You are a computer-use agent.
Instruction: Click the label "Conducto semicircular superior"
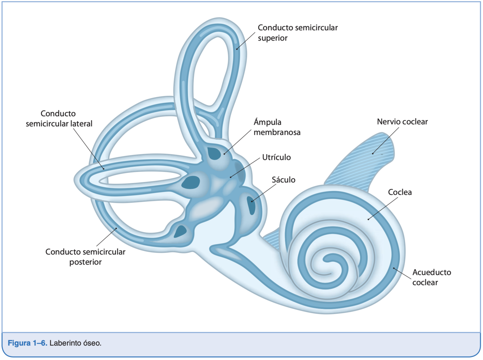pyautogui.click(x=297, y=33)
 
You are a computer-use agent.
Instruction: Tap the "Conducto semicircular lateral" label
pyautogui.click(x=59, y=119)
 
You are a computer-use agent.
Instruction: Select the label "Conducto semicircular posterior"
pyautogui.click(x=85, y=257)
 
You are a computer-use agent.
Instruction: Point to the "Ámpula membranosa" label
pyautogui.click(x=277, y=127)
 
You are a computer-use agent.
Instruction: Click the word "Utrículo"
pyautogui.click(x=276, y=157)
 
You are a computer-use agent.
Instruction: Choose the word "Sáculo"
pyautogui.click(x=283, y=180)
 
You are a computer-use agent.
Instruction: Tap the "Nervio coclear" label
pyautogui.click(x=402, y=122)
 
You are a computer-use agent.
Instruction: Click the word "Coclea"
pyautogui.click(x=400, y=192)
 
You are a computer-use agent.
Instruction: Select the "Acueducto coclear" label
pyautogui.click(x=431, y=277)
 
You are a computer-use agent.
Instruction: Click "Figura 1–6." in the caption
pyautogui.click(x=28, y=343)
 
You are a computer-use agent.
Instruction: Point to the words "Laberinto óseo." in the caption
pyautogui.click(x=75, y=343)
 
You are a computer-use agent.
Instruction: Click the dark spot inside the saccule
pyautogui.click(x=251, y=206)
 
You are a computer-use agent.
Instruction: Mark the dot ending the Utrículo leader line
pyautogui.click(x=231, y=177)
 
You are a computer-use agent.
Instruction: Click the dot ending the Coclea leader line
pyautogui.click(x=368, y=219)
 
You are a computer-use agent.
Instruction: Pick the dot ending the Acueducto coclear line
pyautogui.click(x=394, y=268)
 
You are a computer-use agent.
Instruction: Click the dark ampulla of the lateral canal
pyautogui.click(x=191, y=182)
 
